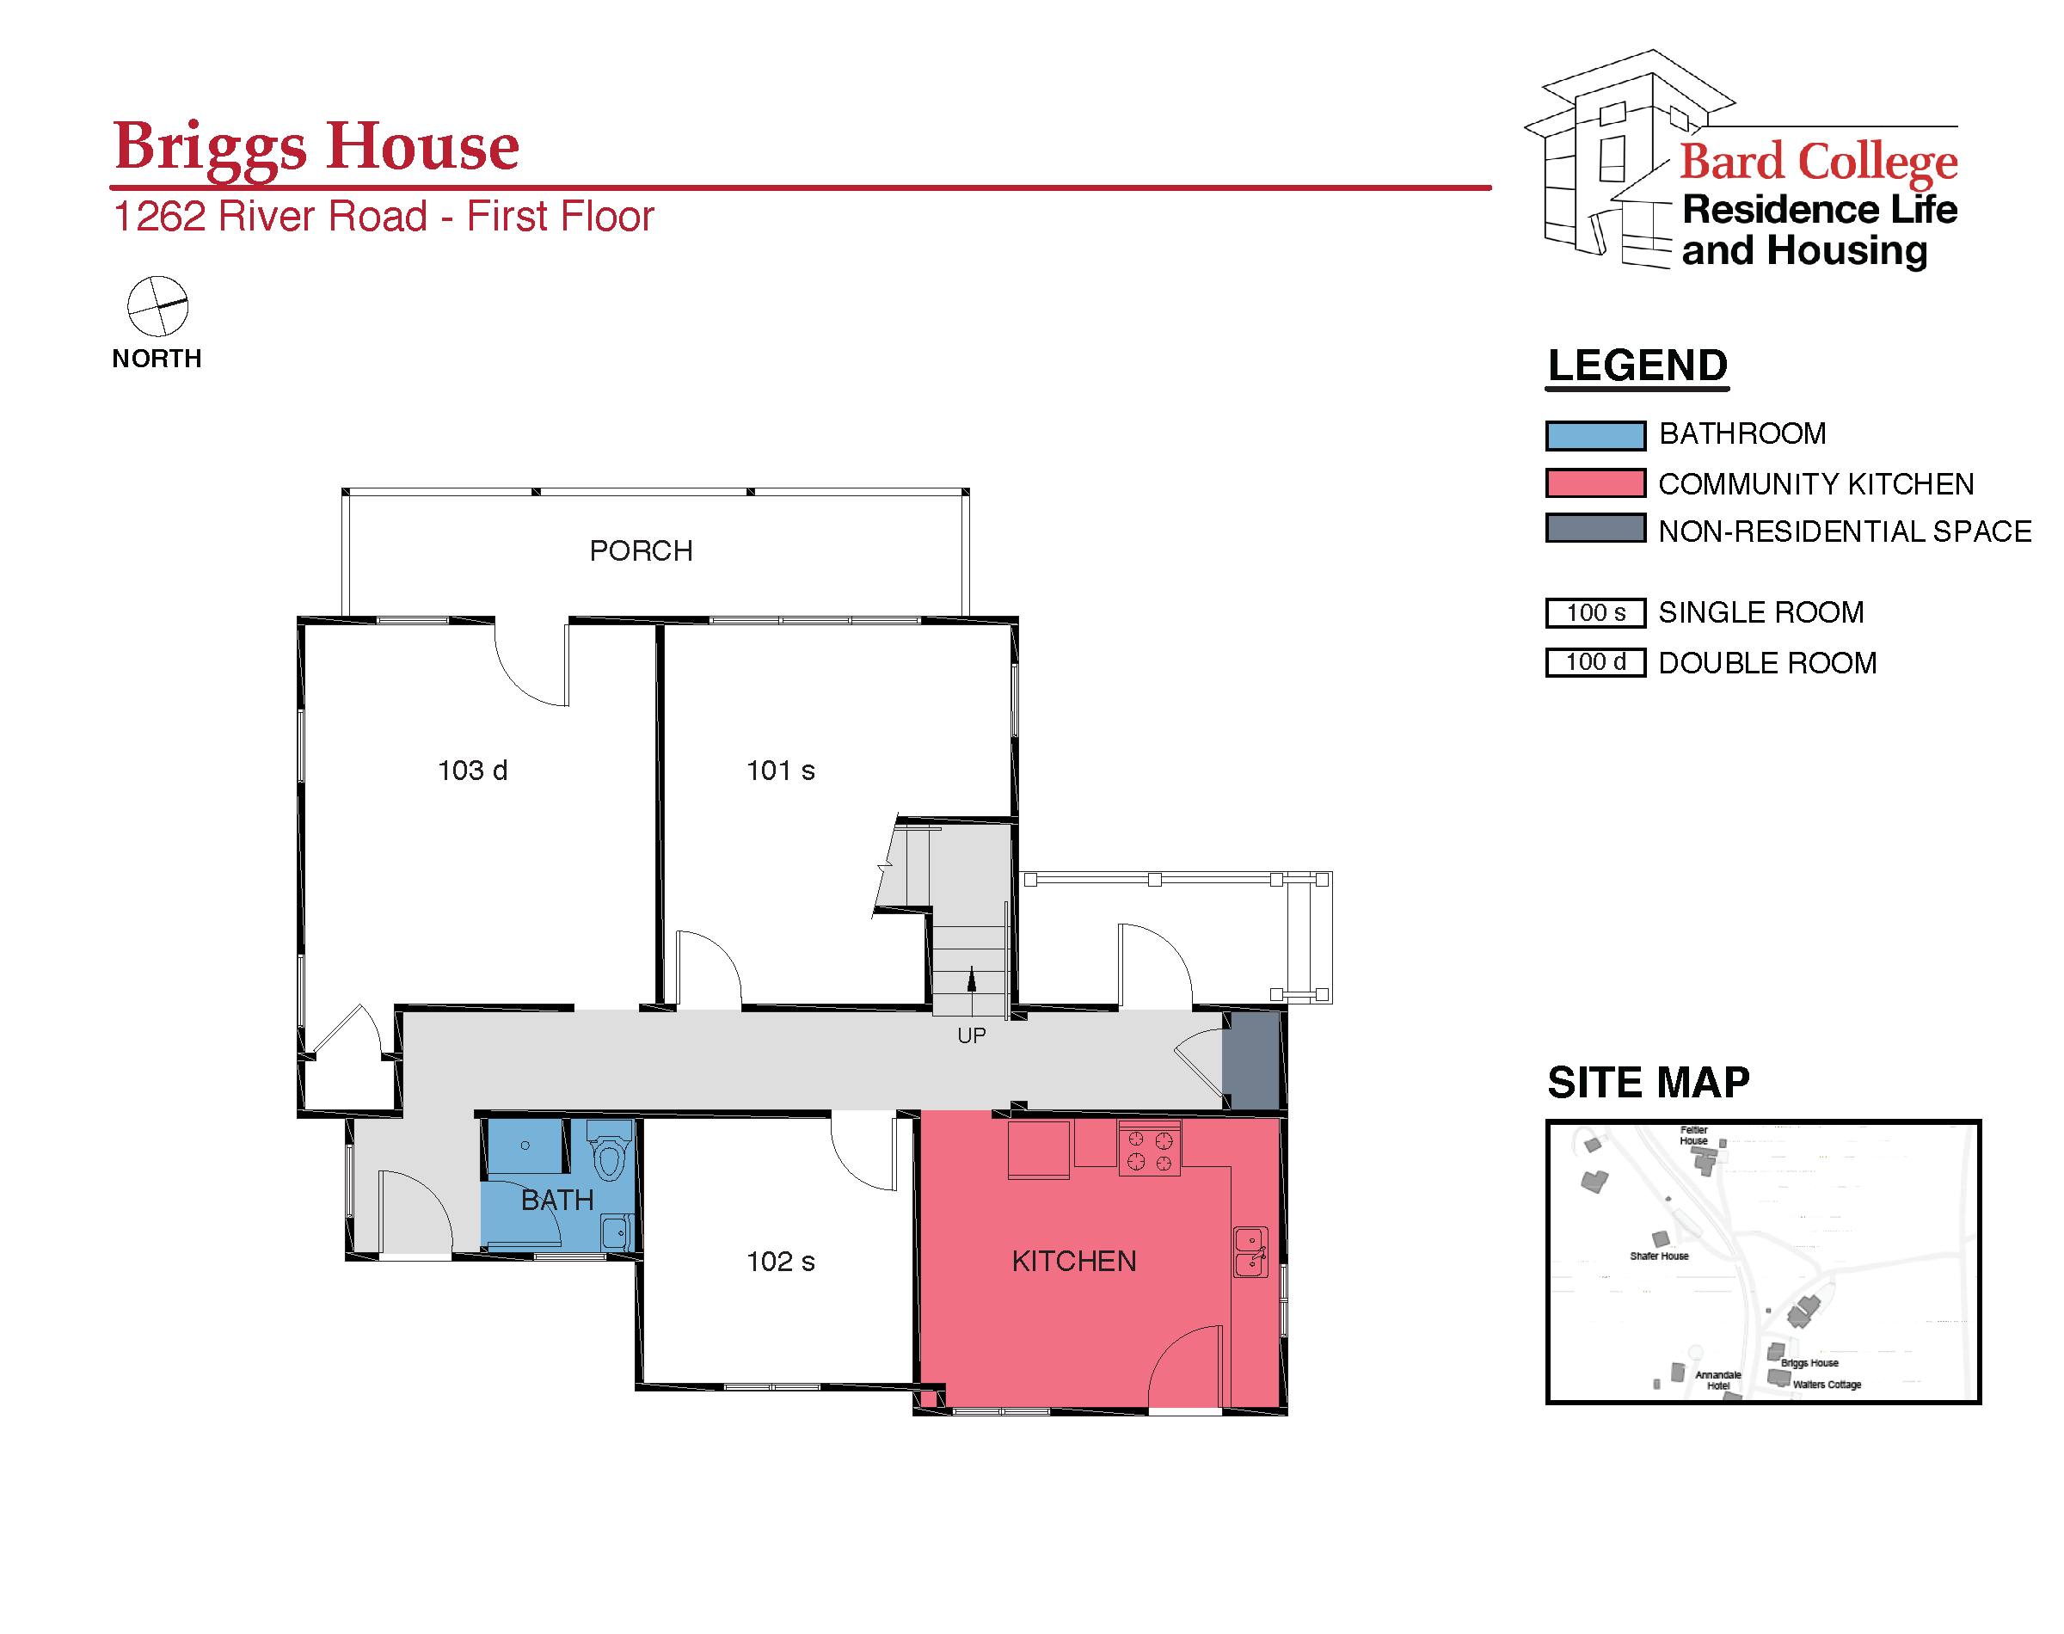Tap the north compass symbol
(x=158, y=306)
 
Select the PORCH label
(x=640, y=550)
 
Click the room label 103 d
(x=472, y=770)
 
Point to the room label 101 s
(x=781, y=770)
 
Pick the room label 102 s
(x=781, y=1261)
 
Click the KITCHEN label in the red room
(x=1074, y=1261)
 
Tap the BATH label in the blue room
(x=557, y=1200)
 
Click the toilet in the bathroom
(x=609, y=1152)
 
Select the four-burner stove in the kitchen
(x=1149, y=1148)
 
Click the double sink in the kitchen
(x=1251, y=1252)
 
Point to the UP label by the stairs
(x=971, y=1035)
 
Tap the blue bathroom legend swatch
(x=1594, y=435)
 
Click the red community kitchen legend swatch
(x=1594, y=483)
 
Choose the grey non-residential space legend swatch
(x=1594, y=528)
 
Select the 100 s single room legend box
(x=1594, y=612)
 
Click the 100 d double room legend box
(x=1594, y=662)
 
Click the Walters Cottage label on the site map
(x=1826, y=1385)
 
